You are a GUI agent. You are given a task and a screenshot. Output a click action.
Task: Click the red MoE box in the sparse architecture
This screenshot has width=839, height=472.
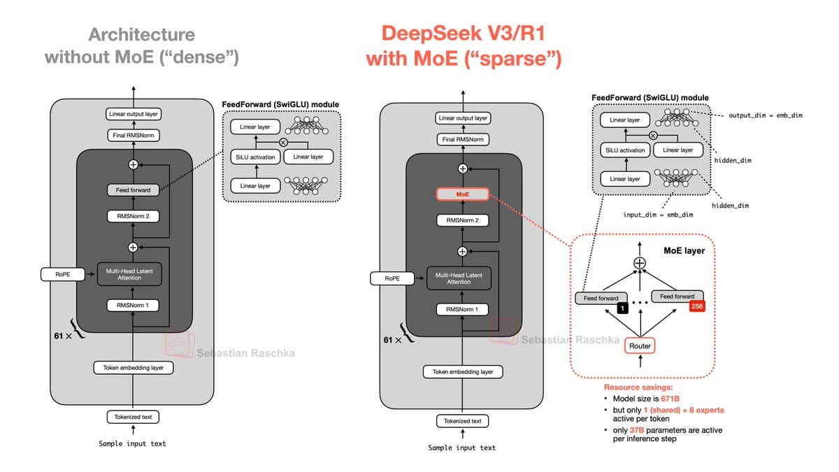point(462,194)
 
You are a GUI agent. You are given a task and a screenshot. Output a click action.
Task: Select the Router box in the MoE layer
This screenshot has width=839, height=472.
point(640,345)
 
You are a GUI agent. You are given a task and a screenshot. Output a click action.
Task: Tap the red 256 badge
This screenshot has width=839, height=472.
point(697,306)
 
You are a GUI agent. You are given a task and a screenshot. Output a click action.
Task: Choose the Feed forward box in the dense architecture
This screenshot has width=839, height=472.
point(133,189)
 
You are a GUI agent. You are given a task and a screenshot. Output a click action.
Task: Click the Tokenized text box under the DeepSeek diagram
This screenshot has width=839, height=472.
point(462,421)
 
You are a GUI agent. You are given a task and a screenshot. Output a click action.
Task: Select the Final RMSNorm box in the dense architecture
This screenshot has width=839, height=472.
point(133,135)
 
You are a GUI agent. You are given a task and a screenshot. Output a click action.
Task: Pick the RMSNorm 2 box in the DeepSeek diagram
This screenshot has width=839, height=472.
point(462,220)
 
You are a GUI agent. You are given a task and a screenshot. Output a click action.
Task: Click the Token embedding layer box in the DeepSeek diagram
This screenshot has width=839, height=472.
point(462,372)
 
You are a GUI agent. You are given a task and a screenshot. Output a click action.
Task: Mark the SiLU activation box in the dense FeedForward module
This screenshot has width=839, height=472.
point(254,157)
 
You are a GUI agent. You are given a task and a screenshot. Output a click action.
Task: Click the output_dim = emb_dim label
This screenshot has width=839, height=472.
point(766,115)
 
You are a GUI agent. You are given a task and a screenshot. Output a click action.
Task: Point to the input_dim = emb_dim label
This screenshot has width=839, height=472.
point(658,214)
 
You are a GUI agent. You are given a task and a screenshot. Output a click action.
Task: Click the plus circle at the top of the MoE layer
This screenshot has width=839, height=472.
point(639,263)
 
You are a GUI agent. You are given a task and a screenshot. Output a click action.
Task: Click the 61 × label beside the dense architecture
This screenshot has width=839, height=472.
point(63,336)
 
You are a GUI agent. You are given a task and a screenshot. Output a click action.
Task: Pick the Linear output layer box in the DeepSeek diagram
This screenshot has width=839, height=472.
point(462,118)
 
